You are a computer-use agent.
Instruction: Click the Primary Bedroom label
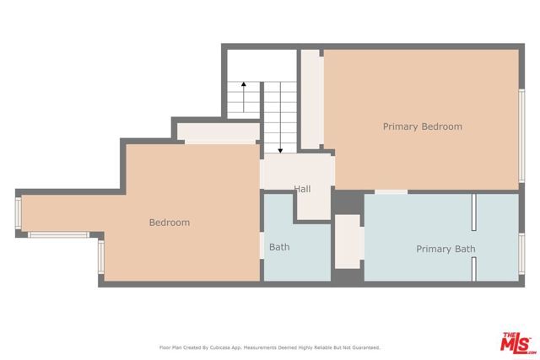(x=422, y=126)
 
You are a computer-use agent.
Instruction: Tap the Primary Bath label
(x=445, y=249)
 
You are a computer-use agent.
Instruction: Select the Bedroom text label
(x=169, y=223)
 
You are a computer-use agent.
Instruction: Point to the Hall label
(x=302, y=189)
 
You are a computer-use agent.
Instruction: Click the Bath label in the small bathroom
(x=279, y=248)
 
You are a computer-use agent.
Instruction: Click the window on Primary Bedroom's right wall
(x=521, y=135)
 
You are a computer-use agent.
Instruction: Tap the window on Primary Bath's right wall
(x=521, y=257)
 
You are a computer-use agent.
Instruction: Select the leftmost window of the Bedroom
(x=19, y=214)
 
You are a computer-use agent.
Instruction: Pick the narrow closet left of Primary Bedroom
(x=311, y=99)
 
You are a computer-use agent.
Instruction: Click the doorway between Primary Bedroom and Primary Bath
(x=391, y=192)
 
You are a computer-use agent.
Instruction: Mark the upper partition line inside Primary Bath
(x=474, y=212)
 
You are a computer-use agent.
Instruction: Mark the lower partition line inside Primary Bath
(x=474, y=268)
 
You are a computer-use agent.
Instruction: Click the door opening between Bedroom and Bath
(x=261, y=244)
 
